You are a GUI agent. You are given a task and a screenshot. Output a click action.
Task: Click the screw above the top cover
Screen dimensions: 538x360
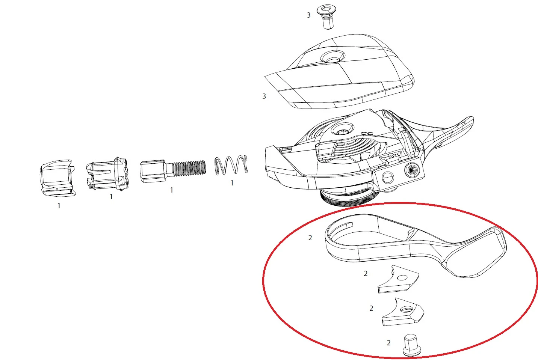[327, 17]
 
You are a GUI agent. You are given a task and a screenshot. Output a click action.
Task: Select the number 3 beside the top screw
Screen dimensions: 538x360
[308, 15]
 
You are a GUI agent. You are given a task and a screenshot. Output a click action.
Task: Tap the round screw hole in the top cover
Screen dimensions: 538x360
[332, 57]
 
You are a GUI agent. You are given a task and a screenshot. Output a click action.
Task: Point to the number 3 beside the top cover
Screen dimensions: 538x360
[264, 96]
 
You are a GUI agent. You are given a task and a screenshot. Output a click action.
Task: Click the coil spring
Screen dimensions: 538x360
[231, 165]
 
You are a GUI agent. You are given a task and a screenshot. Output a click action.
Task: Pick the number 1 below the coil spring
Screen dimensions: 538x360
[232, 183]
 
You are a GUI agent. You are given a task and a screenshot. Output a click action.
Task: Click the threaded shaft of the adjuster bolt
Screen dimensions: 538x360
[189, 168]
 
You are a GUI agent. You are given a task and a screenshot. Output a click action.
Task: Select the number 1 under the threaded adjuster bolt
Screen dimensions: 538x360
[171, 190]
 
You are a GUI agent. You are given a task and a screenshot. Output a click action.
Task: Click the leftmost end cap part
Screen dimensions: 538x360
[57, 178]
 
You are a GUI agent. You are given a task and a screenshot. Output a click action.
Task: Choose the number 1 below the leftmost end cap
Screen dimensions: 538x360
[59, 206]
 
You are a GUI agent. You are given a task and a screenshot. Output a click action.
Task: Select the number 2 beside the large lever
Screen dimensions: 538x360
[310, 238]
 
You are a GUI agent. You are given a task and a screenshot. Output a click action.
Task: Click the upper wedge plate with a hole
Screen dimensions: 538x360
[399, 279]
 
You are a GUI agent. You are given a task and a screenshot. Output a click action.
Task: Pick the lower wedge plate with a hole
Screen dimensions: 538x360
[403, 312]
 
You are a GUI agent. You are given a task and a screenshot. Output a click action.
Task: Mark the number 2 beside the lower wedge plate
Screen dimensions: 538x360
[371, 309]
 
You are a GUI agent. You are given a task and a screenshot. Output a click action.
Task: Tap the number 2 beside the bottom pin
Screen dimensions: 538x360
[388, 343]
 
